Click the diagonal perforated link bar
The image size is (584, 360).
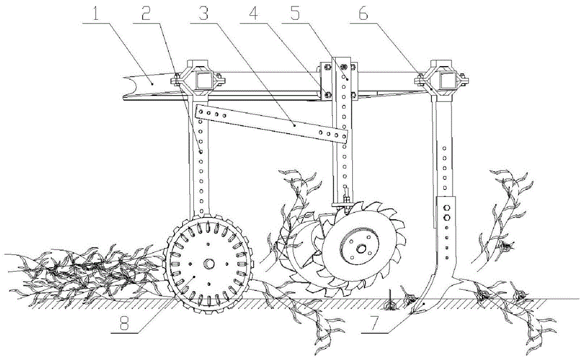click(x=273, y=123)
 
